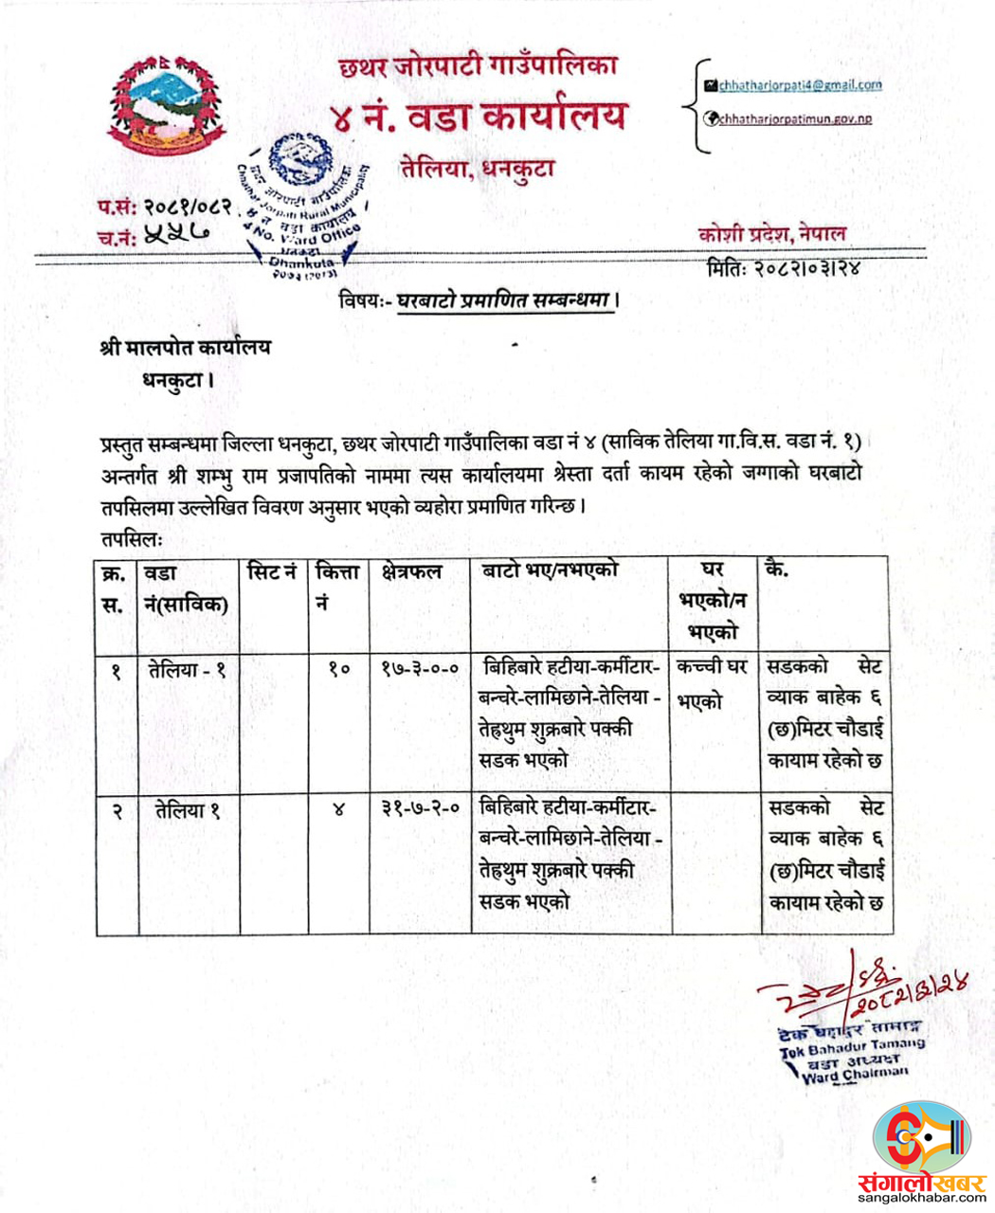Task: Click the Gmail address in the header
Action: point(799,85)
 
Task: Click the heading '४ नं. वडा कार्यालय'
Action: point(479,117)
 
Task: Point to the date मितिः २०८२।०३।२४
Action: point(784,268)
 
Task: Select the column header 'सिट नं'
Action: point(272,571)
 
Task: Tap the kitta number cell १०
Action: point(338,669)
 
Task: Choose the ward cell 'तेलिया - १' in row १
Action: point(187,669)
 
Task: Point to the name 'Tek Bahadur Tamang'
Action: point(851,1046)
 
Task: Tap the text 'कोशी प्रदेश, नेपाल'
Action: point(771,235)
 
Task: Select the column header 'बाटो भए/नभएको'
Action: point(550,570)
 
